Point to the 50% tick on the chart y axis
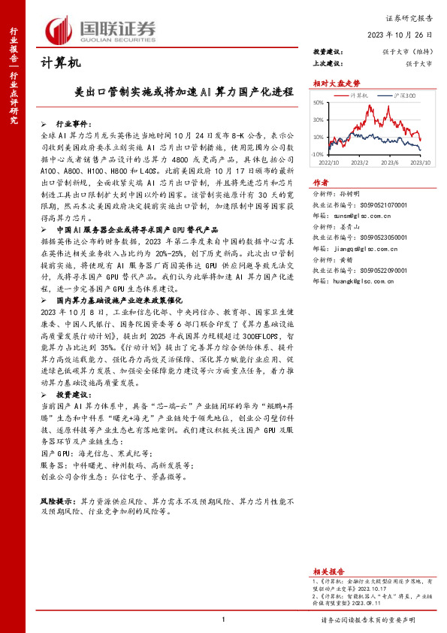(x=319, y=103)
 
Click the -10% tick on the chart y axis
(x=318, y=154)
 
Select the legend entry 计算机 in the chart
(x=360, y=96)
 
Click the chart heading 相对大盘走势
(x=331, y=83)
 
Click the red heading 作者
(x=321, y=182)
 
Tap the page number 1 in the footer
(x=224, y=619)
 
